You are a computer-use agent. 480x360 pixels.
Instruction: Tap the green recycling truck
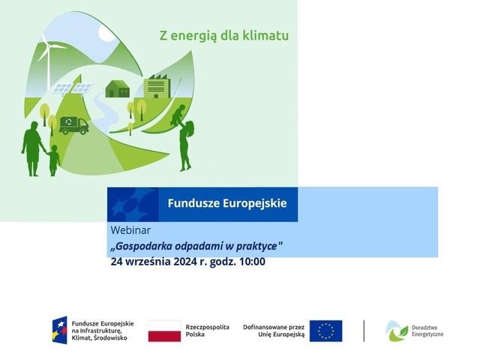click(73, 125)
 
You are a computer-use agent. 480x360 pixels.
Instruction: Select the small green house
click(118, 88)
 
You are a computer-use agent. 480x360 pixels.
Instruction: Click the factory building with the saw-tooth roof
click(157, 86)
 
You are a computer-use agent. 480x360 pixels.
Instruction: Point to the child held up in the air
click(178, 115)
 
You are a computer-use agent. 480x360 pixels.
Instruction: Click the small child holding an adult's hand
click(53, 160)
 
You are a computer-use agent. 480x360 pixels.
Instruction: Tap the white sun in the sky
click(107, 33)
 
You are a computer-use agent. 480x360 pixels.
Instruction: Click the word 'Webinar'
click(130, 230)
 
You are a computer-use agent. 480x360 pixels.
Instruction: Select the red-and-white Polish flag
click(164, 331)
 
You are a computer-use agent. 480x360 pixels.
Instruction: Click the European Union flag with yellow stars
click(325, 331)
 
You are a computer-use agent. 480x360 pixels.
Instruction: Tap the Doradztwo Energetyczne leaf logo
click(397, 331)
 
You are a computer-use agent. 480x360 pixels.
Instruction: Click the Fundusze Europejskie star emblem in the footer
click(59, 330)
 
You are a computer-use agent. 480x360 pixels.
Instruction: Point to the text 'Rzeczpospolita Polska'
click(207, 331)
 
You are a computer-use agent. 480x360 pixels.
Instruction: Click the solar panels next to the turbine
click(73, 88)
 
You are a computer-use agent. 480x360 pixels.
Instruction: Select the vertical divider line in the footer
click(364, 331)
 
